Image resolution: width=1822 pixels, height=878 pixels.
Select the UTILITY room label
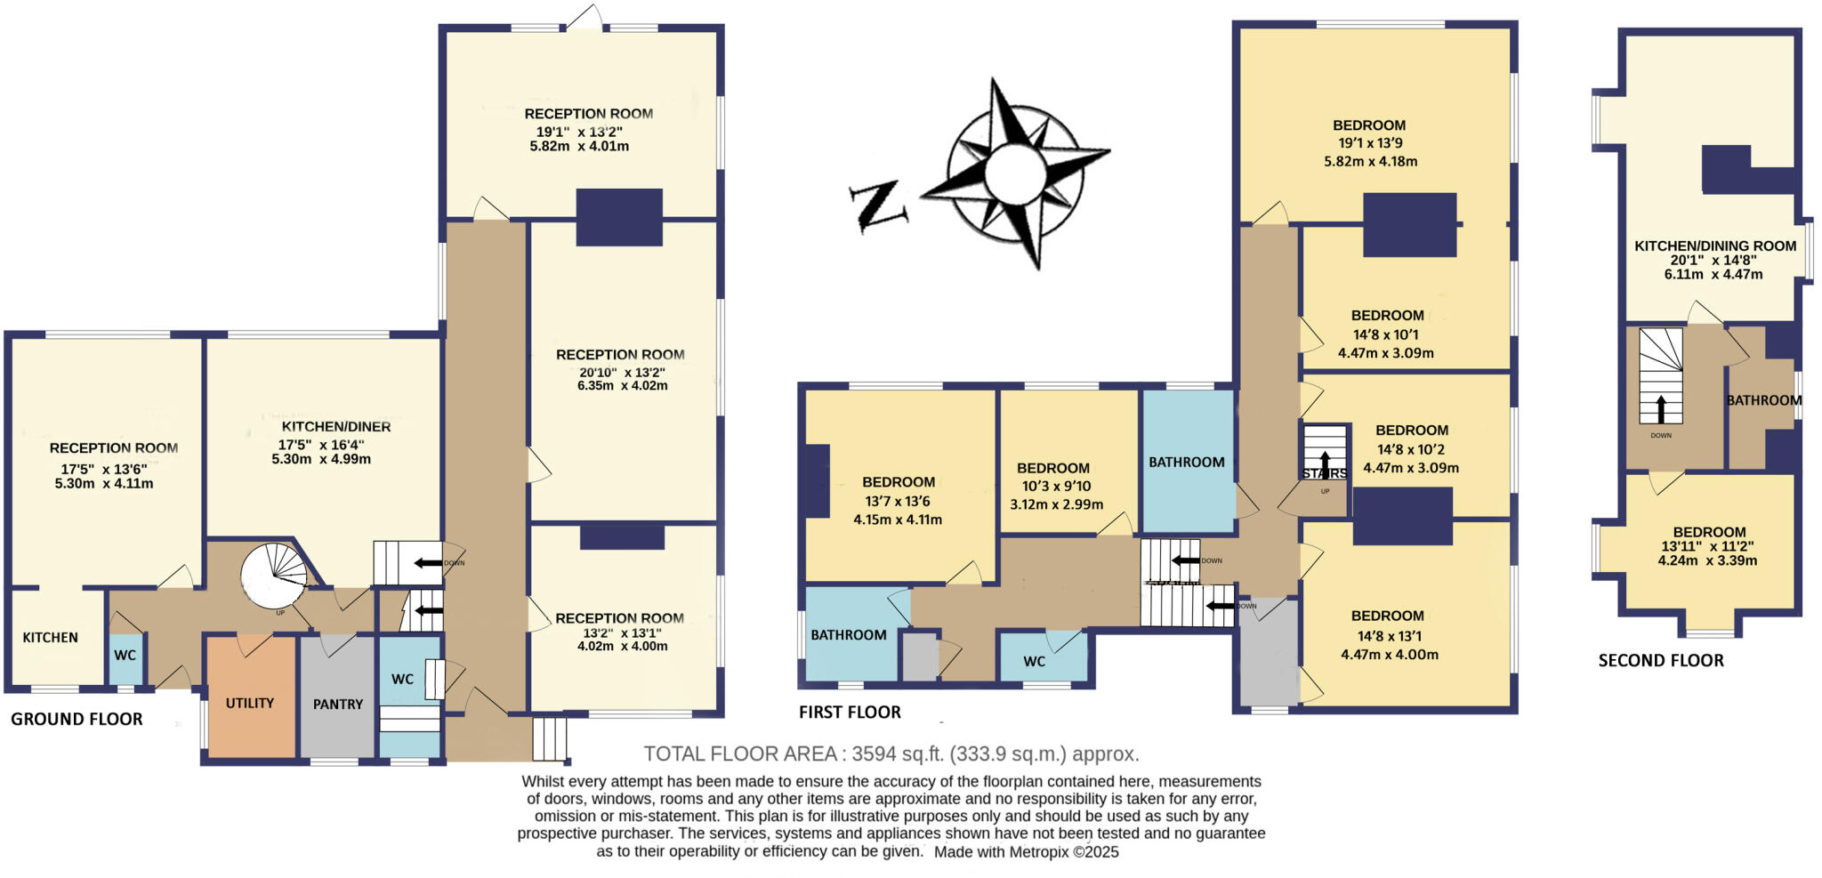[250, 703]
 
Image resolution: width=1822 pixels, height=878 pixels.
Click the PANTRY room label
[338, 704]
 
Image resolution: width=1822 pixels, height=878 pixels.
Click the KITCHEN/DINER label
[336, 427]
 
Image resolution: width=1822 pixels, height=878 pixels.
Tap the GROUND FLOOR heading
[77, 719]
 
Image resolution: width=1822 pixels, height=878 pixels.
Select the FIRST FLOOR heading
[850, 712]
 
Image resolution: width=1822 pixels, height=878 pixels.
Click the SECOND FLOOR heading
[1661, 660]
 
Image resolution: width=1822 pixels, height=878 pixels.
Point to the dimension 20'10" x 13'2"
[621, 372]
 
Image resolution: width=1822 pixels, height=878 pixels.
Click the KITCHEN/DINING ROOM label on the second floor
[1715, 246]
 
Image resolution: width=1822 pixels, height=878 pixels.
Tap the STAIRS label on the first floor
[1324, 473]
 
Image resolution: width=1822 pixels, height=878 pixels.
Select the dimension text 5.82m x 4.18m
[1370, 161]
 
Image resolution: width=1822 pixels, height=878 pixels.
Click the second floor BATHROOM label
[1763, 400]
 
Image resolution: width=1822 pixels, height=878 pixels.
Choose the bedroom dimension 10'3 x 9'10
[1053, 486]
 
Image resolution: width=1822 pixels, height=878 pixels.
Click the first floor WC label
[1034, 661]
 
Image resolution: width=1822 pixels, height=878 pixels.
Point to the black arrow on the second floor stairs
[1660, 408]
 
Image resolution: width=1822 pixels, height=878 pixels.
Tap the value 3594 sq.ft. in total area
[897, 754]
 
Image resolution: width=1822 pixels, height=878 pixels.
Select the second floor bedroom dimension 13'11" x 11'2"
[1708, 546]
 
